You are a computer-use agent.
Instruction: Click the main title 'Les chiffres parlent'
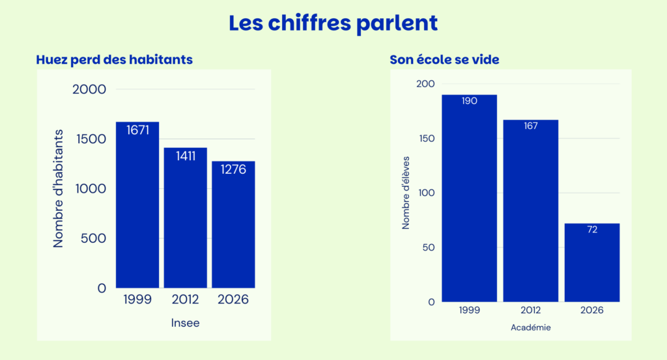click(x=333, y=23)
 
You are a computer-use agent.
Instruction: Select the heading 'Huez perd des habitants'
click(x=115, y=59)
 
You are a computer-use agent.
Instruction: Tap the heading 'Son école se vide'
click(x=444, y=59)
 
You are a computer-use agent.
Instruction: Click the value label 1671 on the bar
click(x=138, y=130)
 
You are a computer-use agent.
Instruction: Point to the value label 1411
click(x=186, y=156)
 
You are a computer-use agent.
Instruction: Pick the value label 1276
click(x=233, y=170)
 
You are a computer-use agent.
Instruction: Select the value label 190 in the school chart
click(x=470, y=101)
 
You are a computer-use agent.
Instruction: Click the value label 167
click(x=531, y=126)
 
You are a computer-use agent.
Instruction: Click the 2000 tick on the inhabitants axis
click(x=89, y=89)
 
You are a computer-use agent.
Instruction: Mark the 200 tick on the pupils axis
click(x=425, y=84)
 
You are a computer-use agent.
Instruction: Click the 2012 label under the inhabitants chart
click(x=186, y=299)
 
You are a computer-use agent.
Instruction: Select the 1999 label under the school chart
click(x=470, y=311)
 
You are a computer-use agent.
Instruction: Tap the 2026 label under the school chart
click(x=592, y=311)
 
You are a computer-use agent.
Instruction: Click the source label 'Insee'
click(x=186, y=323)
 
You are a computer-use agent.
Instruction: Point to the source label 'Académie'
click(x=531, y=327)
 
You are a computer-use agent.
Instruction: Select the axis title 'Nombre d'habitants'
click(x=59, y=189)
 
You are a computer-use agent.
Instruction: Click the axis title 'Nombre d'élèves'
click(x=406, y=193)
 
